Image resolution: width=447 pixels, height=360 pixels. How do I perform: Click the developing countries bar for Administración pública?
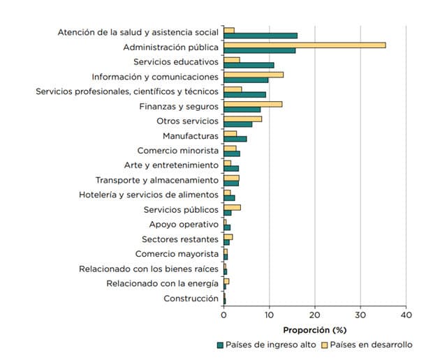point(305,45)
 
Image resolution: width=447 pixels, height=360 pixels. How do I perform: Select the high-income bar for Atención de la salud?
point(261,36)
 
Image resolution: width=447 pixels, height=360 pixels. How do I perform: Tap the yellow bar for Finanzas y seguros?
point(253,104)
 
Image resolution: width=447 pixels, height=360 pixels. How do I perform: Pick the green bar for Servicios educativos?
point(249,65)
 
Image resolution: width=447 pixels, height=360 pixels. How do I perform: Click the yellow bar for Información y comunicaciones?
point(254,74)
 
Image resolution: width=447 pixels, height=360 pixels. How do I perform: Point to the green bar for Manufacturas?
point(235,139)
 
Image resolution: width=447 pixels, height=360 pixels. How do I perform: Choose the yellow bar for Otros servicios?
point(243,119)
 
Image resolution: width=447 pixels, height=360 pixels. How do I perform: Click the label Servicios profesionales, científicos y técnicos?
point(127,91)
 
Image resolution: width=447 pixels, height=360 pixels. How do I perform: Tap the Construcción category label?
point(191,299)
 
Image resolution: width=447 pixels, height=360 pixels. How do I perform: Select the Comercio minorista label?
point(177,151)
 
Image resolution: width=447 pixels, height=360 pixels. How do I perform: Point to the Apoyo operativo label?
point(184,225)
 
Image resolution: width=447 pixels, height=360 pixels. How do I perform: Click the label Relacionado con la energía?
point(162,283)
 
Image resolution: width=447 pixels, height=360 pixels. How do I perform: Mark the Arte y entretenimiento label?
point(171,165)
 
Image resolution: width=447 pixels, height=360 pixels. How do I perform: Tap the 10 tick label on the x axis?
point(270,315)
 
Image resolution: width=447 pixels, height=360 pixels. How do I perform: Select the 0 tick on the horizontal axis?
point(224,315)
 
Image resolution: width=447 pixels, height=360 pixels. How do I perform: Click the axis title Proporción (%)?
point(314,329)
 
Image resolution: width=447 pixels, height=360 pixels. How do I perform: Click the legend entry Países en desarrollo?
point(371,345)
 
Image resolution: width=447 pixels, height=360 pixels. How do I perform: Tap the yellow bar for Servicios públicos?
point(233,207)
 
